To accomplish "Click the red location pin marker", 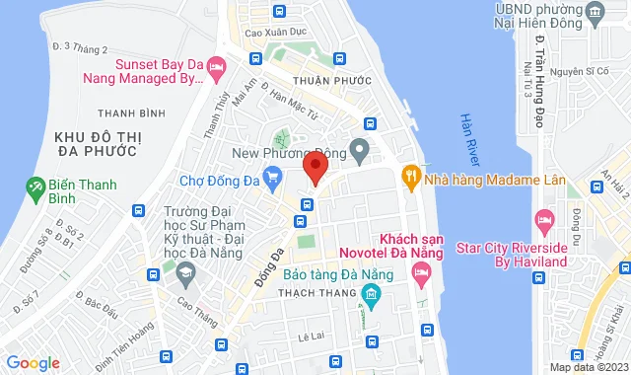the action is point(315,166).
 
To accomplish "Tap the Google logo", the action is point(32,363).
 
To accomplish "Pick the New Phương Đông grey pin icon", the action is point(360,152).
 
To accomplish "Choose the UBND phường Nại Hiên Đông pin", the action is point(595,12).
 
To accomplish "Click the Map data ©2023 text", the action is point(589,367).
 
